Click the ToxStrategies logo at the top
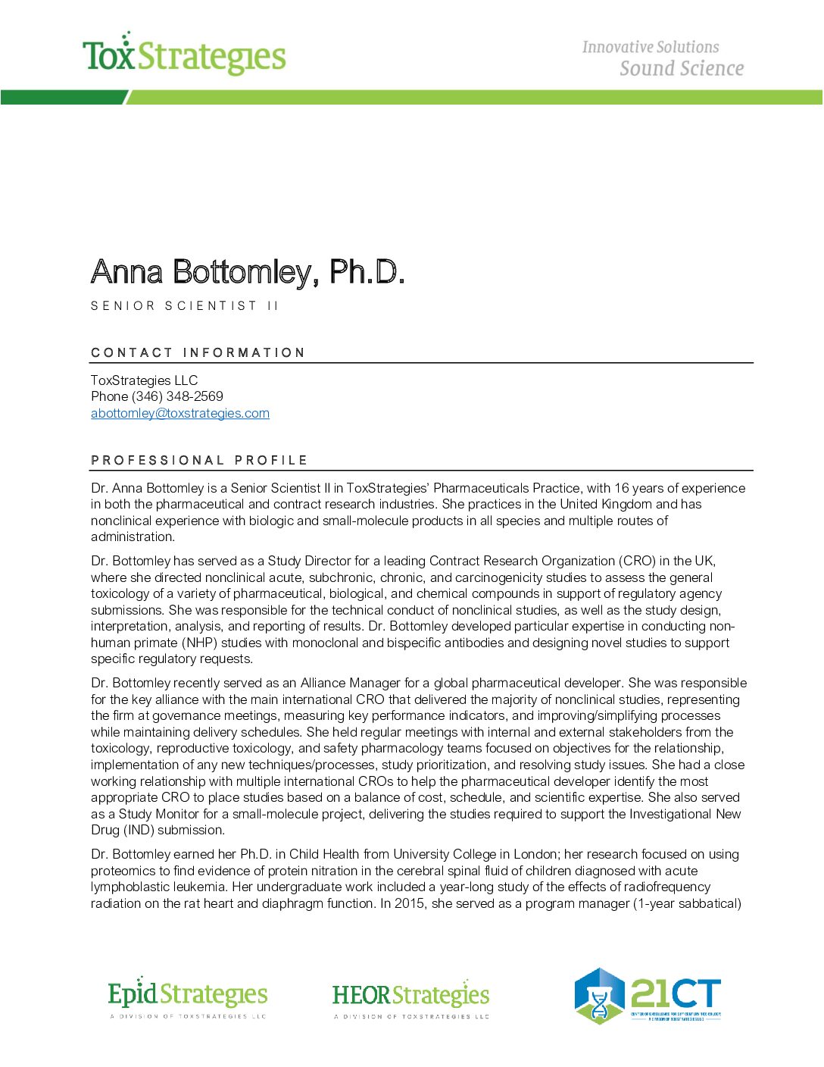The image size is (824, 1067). pyautogui.click(x=184, y=55)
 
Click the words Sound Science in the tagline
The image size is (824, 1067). pyautogui.click(x=681, y=69)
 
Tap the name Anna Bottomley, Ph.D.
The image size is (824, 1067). pyautogui.click(x=248, y=272)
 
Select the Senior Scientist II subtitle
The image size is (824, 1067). pyautogui.click(x=185, y=306)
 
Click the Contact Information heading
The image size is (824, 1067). pyautogui.click(x=198, y=352)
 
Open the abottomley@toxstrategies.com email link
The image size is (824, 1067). pyautogui.click(x=180, y=413)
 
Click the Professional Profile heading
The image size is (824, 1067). pyautogui.click(x=199, y=460)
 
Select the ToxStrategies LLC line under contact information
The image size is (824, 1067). pyautogui.click(x=144, y=380)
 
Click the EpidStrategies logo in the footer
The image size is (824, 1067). pyautogui.click(x=188, y=996)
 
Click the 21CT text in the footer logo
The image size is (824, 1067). pyautogui.click(x=676, y=993)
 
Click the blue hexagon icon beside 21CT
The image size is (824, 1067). pyautogui.click(x=599, y=996)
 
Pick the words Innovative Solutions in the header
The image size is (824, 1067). pyautogui.click(x=651, y=47)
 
